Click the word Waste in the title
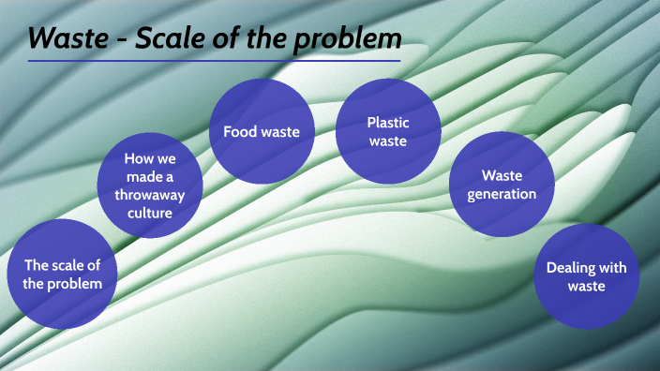point(65,38)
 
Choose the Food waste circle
point(261,132)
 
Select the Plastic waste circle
point(388,131)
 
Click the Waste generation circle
point(502,185)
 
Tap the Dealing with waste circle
point(586,276)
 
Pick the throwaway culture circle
point(150,185)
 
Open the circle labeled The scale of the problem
point(63,274)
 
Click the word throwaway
point(150,194)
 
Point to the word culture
point(150,212)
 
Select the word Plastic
point(388,122)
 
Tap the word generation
point(502,194)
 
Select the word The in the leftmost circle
point(37,265)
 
